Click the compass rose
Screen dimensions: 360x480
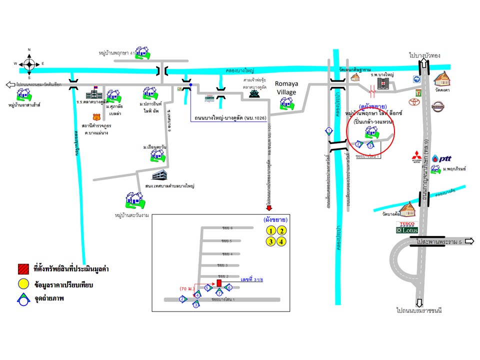tap(29, 63)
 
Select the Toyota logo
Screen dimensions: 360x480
tap(413, 102)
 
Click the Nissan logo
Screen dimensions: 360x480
tap(437, 106)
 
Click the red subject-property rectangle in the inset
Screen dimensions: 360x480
tap(219, 283)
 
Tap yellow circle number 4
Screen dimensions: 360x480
tap(282, 242)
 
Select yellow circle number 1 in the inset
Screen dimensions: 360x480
tap(270, 230)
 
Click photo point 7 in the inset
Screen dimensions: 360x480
tap(219, 292)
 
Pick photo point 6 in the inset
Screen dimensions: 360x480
tap(228, 287)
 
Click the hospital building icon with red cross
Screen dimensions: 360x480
tap(383, 83)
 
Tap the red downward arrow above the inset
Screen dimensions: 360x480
tap(268, 208)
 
